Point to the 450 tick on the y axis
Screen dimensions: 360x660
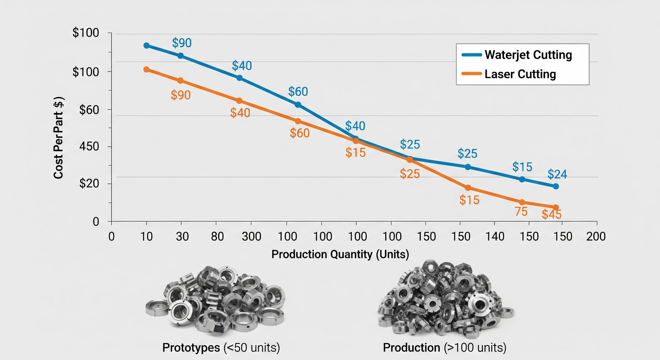click(x=89, y=146)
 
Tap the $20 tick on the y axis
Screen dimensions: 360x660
click(x=89, y=184)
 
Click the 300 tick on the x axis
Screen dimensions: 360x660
click(x=251, y=237)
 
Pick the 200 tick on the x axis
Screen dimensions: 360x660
click(x=596, y=237)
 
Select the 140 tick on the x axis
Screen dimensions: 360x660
click(x=495, y=237)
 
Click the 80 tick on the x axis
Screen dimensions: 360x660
click(x=217, y=237)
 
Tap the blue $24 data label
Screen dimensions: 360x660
click(x=557, y=174)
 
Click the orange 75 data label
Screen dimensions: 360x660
click(x=521, y=212)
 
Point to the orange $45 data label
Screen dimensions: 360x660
click(x=552, y=214)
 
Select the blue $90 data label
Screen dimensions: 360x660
click(x=182, y=43)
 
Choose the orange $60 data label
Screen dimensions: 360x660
click(x=299, y=133)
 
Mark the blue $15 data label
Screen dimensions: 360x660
click(x=522, y=167)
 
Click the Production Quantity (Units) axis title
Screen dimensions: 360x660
click(x=340, y=254)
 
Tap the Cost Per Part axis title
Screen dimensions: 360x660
click(x=59, y=138)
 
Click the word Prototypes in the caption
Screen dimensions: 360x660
click(x=191, y=348)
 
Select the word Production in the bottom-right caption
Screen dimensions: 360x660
click(x=411, y=348)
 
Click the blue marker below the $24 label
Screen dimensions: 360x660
click(x=556, y=186)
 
